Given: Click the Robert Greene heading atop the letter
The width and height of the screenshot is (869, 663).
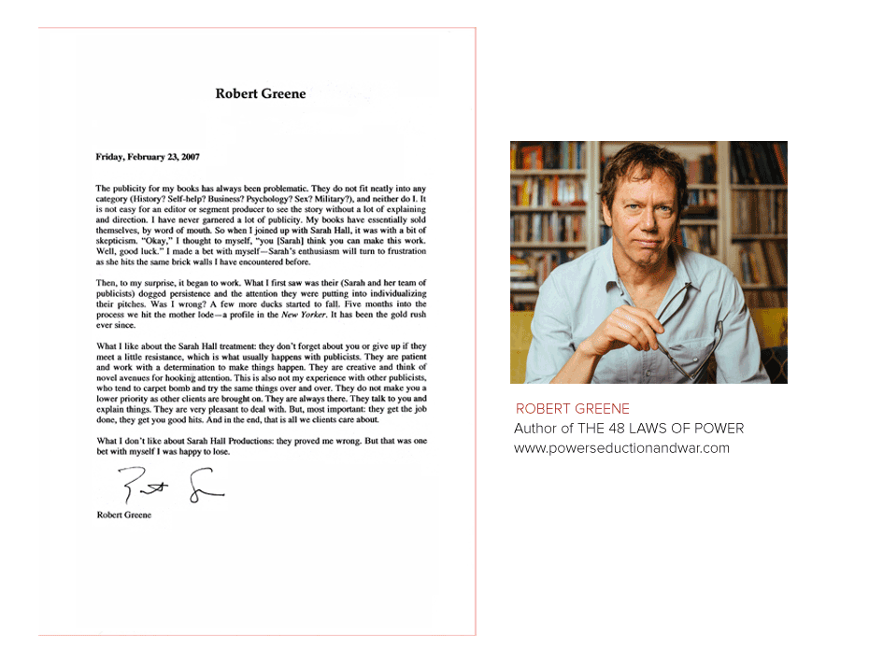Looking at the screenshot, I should pos(261,93).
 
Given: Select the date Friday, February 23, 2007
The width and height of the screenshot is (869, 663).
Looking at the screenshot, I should pos(147,157).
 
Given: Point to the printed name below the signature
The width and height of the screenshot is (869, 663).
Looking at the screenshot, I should pos(123,515).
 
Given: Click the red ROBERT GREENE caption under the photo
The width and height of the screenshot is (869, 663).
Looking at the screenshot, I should pos(573,409).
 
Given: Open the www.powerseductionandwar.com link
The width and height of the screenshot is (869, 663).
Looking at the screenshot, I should pos(621,448).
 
